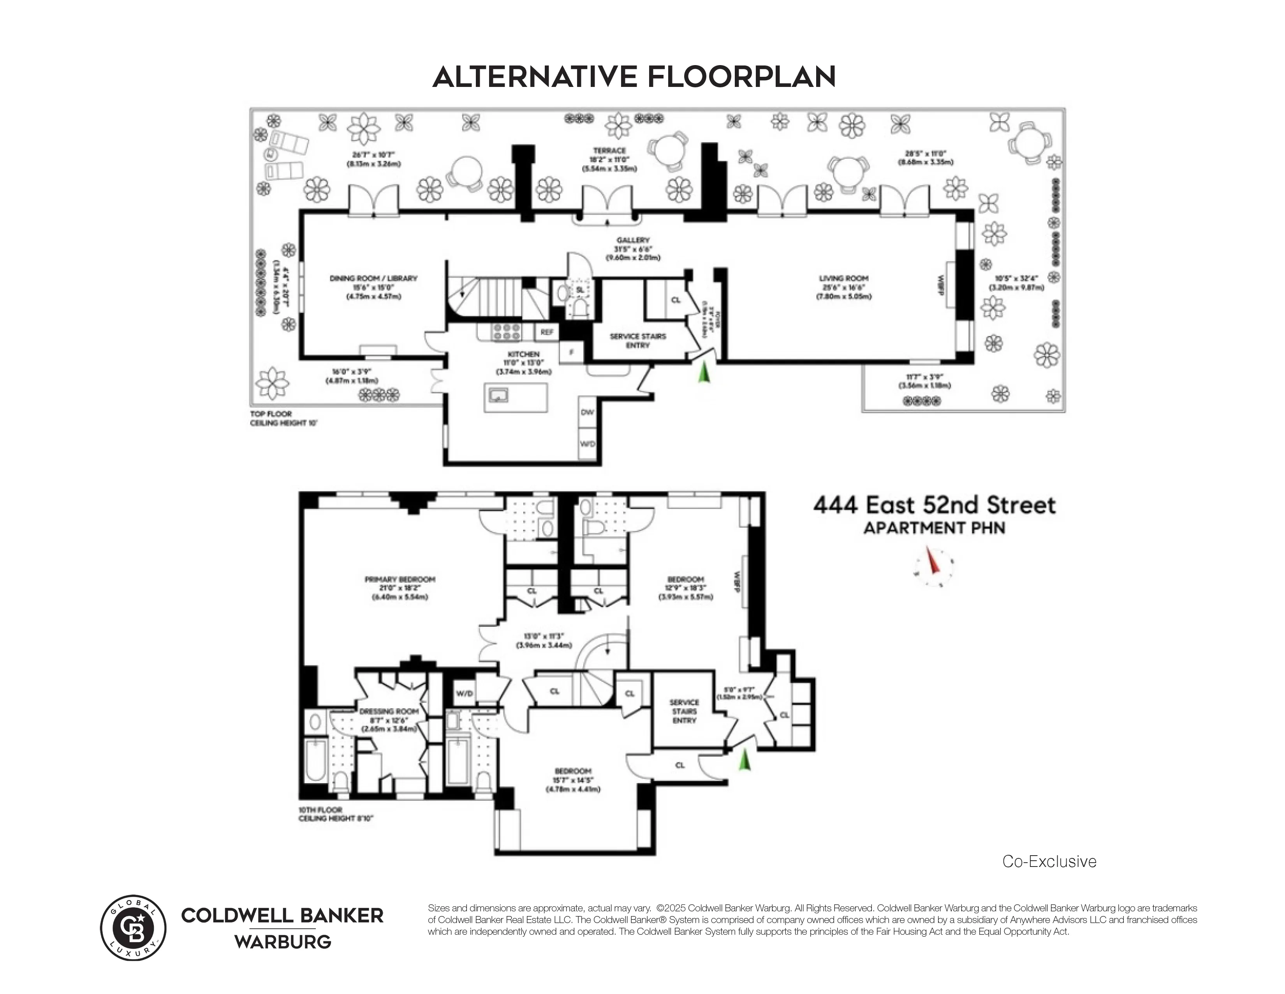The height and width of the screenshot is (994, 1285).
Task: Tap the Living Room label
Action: click(843, 279)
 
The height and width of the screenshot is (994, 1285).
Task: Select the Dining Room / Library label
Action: click(373, 279)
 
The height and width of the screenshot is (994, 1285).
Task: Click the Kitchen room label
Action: click(523, 354)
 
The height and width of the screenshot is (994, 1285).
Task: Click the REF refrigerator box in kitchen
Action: click(547, 332)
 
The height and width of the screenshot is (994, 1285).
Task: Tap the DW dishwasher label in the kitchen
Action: click(587, 412)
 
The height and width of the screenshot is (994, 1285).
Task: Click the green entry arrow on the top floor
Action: click(704, 373)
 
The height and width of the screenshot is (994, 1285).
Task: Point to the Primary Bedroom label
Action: click(400, 579)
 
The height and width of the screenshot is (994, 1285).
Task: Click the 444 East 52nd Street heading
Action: click(934, 505)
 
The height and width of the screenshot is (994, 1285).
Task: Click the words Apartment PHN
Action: click(934, 528)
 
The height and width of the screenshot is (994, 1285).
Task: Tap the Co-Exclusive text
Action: click(1049, 861)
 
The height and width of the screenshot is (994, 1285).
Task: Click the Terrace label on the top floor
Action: click(609, 151)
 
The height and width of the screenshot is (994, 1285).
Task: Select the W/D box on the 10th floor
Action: click(464, 694)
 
